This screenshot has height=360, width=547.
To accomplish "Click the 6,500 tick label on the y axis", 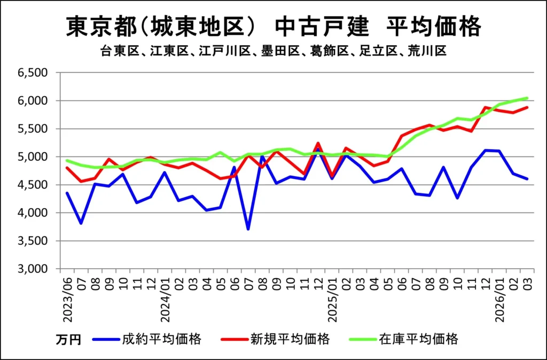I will (33, 73).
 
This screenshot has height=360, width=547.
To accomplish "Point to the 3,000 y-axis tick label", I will (33, 269).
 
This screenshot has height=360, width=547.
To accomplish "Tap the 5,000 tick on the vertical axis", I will (33, 157).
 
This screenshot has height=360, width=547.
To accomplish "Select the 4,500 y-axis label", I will (33, 185).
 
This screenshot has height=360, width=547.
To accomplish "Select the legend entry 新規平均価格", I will (290, 339).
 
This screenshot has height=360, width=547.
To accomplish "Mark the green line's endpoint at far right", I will (527, 98).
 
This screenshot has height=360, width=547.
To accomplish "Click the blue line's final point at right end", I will (527, 179).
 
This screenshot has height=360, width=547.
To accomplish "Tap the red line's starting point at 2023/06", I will (67, 168).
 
